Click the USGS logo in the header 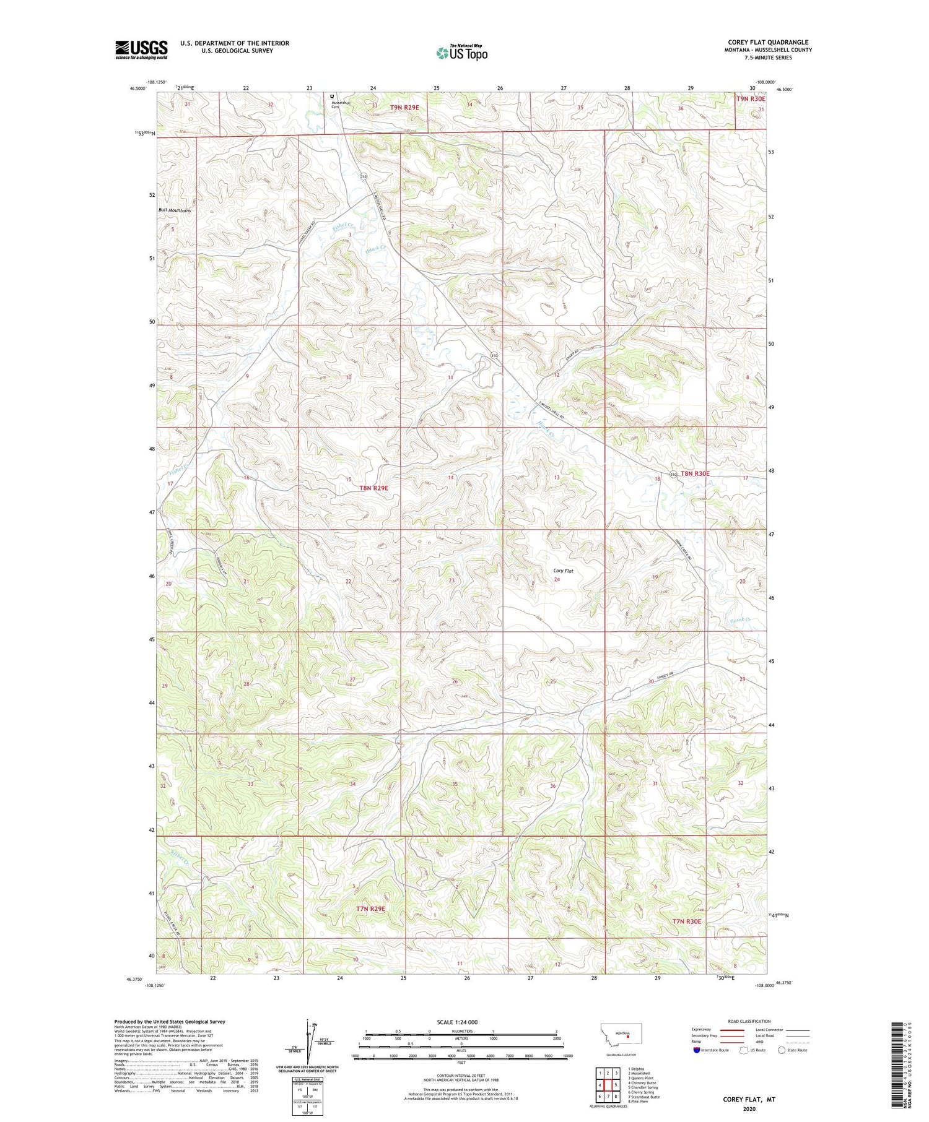pos(141,50)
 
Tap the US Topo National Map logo pos(461,53)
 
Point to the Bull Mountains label pos(175,210)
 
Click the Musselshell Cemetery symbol pos(332,97)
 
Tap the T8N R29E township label pos(373,488)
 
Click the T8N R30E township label pos(695,473)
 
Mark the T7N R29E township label pos(370,908)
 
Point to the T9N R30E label pos(751,99)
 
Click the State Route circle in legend pos(782,1050)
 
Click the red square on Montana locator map pos(627,1046)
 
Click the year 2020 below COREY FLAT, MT pos(749,1109)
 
